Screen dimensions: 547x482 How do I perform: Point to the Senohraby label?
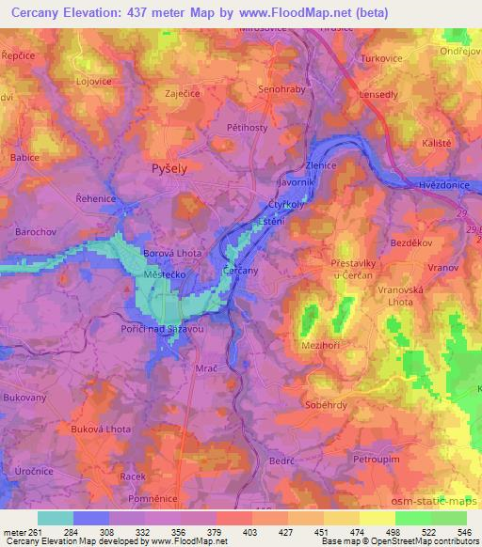point(281,90)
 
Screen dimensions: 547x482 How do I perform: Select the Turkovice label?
point(382,58)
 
